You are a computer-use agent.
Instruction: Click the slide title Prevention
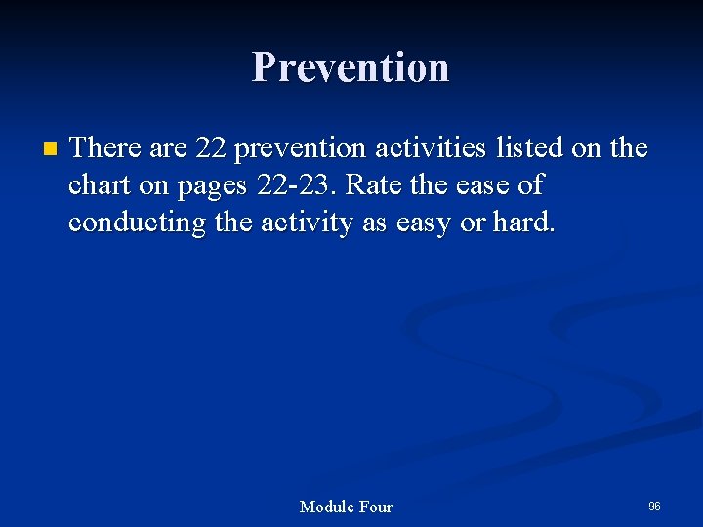coord(351,67)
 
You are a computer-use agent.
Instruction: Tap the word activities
coord(431,147)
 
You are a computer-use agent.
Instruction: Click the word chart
coord(102,184)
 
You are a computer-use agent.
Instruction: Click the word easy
coord(426,223)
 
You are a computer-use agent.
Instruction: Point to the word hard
coord(524,223)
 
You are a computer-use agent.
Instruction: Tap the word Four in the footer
coord(376,507)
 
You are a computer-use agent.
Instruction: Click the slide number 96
coord(654,506)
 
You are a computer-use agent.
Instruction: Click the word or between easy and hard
coord(473,223)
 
